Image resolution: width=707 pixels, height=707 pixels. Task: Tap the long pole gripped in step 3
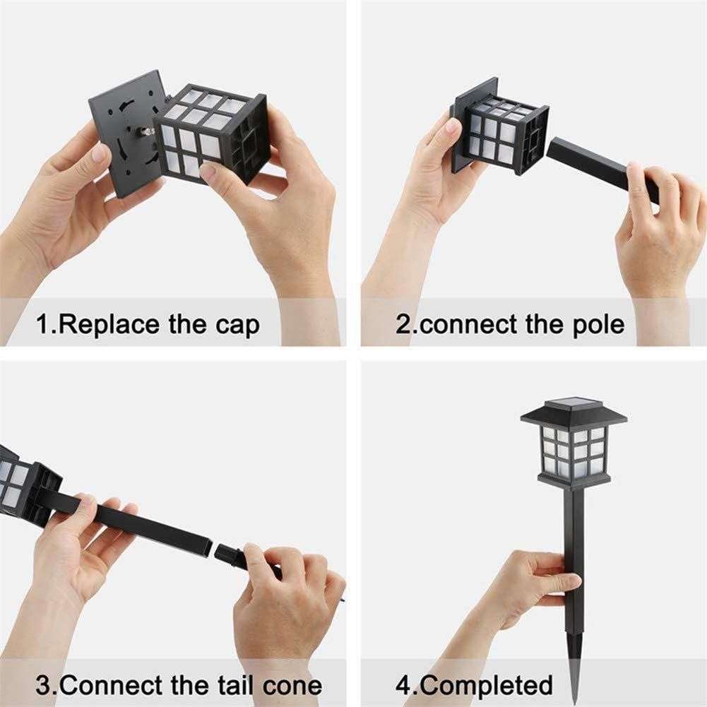[x=155, y=526]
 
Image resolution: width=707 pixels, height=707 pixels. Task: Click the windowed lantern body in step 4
[x=574, y=456]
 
